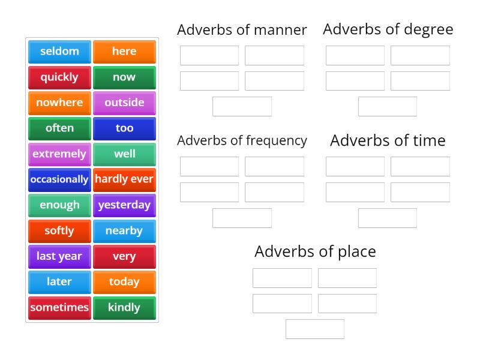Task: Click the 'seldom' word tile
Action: (59, 52)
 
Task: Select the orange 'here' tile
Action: (124, 52)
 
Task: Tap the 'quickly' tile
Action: (59, 77)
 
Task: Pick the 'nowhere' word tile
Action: (59, 103)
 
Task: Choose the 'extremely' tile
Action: (59, 154)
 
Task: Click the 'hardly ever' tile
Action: (124, 179)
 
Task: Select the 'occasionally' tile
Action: (59, 179)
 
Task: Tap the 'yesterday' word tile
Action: (124, 205)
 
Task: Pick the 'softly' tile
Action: (59, 231)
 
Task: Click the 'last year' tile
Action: (59, 256)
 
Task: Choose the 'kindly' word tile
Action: (124, 308)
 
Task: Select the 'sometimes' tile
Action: (59, 308)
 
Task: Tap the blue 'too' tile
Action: (124, 128)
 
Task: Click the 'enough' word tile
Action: (59, 205)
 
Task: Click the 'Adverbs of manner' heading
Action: (242, 29)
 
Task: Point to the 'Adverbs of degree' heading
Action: (388, 29)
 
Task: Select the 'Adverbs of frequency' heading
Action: (242, 140)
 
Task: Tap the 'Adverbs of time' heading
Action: (388, 140)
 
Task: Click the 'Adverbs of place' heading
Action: (315, 251)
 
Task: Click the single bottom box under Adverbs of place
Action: (315, 329)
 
